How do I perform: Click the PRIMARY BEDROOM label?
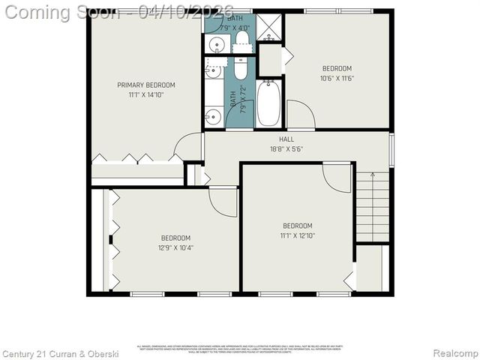(145, 85)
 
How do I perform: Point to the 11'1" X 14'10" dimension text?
(145, 94)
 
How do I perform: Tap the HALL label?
(286, 139)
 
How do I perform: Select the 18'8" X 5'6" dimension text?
(286, 149)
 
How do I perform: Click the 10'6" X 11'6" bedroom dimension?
(336, 78)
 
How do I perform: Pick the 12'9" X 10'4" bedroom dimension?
(175, 247)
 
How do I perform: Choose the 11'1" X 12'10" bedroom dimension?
(297, 235)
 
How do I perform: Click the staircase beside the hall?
(373, 205)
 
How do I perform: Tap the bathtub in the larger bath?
(268, 103)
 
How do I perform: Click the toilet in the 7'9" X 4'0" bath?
(241, 37)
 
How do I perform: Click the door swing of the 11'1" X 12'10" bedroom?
(337, 178)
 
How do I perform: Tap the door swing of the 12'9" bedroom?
(223, 201)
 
